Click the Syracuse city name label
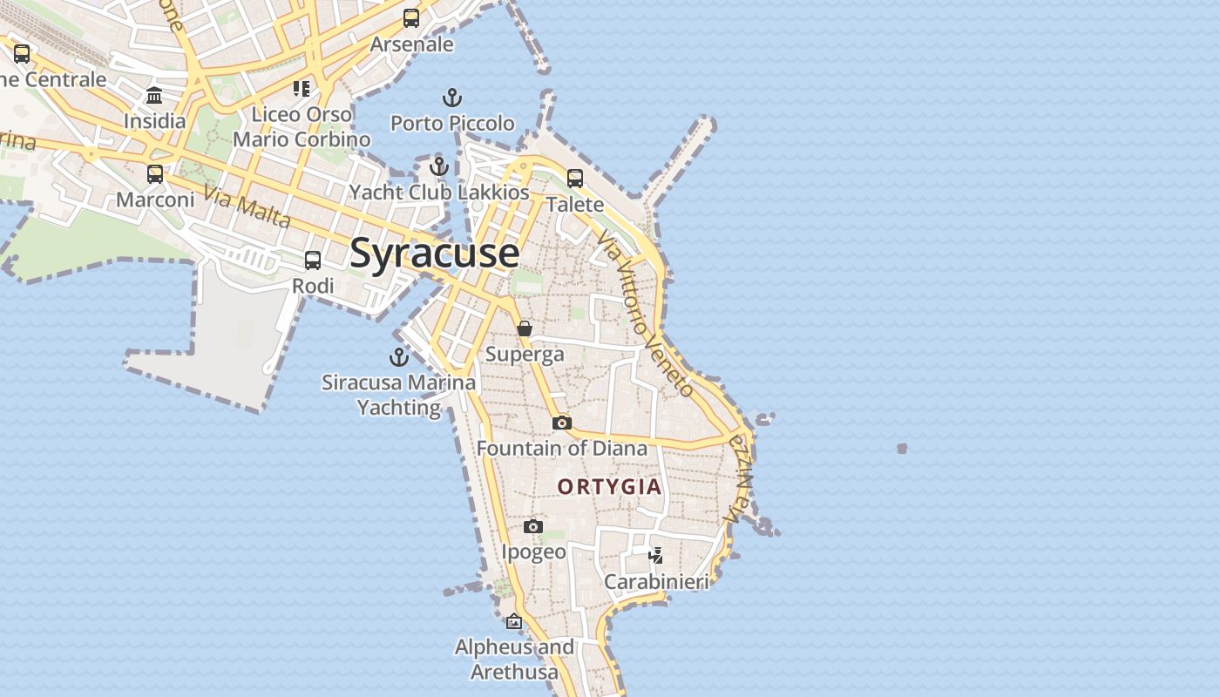click(435, 254)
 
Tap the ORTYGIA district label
click(610, 486)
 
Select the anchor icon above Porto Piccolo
click(451, 98)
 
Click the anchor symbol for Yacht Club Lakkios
click(438, 166)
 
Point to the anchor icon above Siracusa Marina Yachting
click(398, 356)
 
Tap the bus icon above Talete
click(575, 179)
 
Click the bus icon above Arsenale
click(411, 18)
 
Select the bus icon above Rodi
click(312, 261)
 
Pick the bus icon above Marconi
click(155, 174)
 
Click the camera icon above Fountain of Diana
click(562, 423)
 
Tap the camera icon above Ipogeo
click(533, 526)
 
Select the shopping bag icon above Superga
click(525, 328)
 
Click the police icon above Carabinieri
click(656, 555)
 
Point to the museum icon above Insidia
click(154, 95)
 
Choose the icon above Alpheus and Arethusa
click(514, 621)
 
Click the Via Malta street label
click(247, 206)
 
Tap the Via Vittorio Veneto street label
click(646, 316)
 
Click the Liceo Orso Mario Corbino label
click(302, 126)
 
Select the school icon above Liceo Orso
click(302, 88)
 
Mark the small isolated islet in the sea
click(902, 449)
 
